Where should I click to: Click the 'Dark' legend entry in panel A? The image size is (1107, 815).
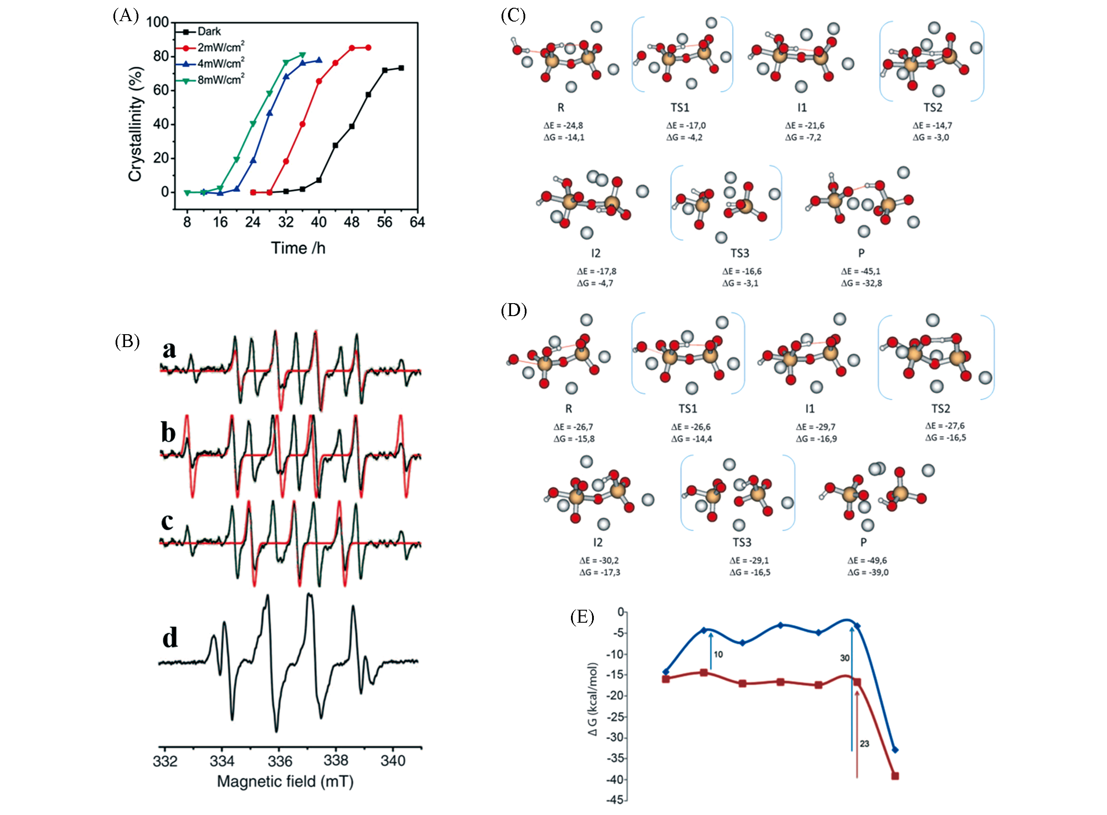[x=209, y=31]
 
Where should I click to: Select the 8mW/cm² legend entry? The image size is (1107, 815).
[x=220, y=79]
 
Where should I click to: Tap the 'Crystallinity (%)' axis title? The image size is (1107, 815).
[x=136, y=124]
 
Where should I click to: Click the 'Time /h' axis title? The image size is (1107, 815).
[x=298, y=248]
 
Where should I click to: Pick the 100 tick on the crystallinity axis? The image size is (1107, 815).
[x=157, y=22]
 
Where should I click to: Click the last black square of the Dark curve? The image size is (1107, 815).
[x=401, y=68]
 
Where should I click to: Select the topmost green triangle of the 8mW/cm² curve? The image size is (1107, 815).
[x=302, y=55]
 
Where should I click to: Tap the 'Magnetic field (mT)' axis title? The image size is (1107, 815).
[x=285, y=781]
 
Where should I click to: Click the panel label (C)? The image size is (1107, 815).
[x=513, y=16]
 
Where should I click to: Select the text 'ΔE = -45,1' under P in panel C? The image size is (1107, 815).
[x=861, y=271]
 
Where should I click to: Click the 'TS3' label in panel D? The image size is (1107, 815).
[x=741, y=542]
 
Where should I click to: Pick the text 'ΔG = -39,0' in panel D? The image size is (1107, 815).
[x=868, y=572]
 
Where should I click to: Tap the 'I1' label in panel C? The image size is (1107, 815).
[x=802, y=107]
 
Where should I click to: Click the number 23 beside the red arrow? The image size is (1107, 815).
[x=864, y=743]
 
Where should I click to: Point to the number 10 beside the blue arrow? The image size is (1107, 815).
[x=718, y=654]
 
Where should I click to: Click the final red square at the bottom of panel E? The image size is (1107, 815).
[x=895, y=776]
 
